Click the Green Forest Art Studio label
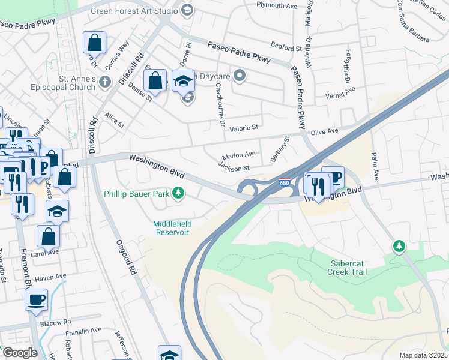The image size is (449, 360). click(x=134, y=11)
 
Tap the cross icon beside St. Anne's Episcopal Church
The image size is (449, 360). click(x=106, y=82)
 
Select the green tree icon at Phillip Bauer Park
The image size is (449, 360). click(x=178, y=193)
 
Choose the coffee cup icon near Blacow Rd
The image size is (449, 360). click(x=36, y=298)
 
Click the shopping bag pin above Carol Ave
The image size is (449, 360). click(x=49, y=236)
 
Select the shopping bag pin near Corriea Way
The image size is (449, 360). click(x=95, y=43)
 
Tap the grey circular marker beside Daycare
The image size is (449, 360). click(x=240, y=76)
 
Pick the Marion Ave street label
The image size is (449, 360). click(x=239, y=155)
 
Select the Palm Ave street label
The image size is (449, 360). click(x=376, y=166)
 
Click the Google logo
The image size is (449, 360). click(x=19, y=353)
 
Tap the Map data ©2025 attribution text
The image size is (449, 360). click(x=423, y=355)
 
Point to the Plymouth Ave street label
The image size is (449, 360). click(x=277, y=5)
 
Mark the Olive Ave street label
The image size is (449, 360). click(x=324, y=130)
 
